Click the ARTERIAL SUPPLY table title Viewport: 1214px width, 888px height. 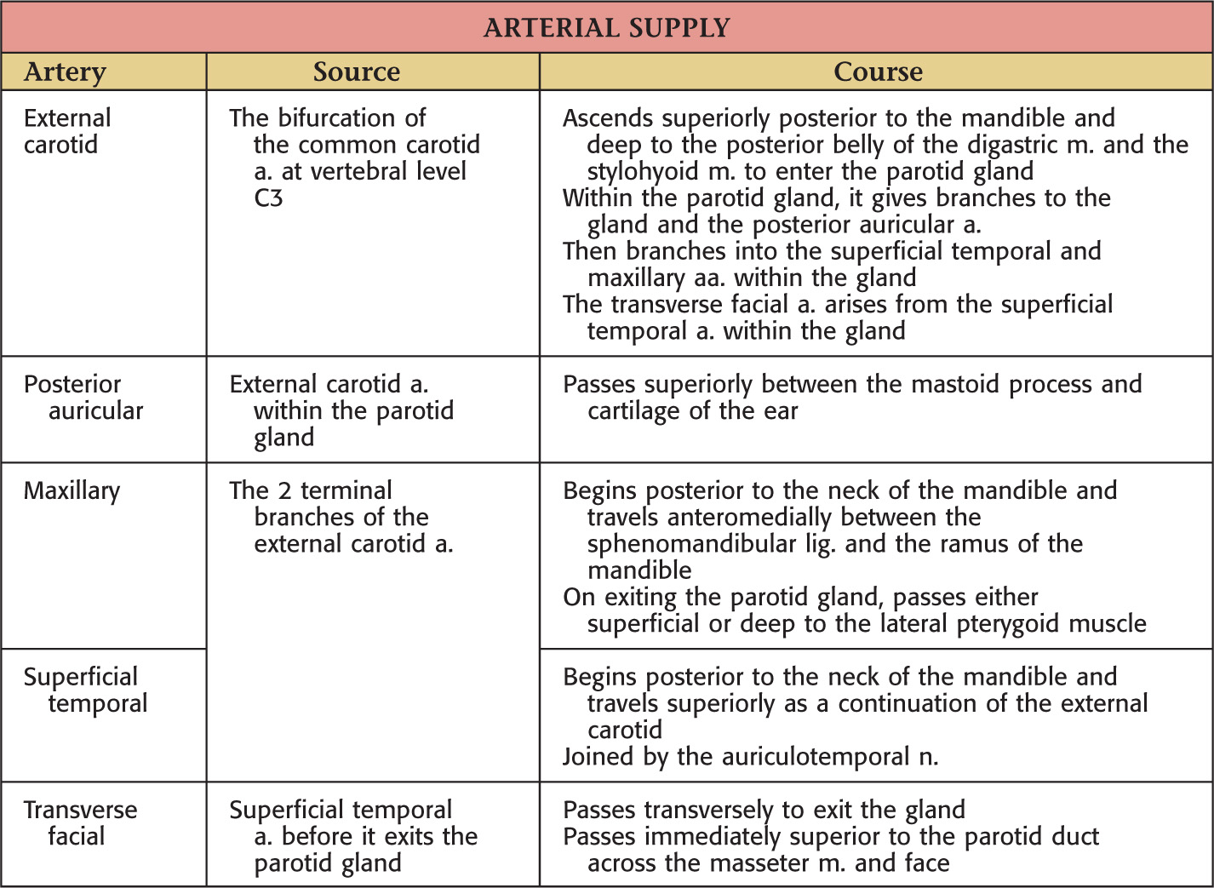(x=606, y=28)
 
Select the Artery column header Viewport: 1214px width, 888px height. (x=65, y=72)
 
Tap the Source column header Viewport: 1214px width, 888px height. (x=356, y=72)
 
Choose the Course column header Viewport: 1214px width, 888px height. (x=877, y=72)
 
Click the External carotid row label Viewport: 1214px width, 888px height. (x=67, y=131)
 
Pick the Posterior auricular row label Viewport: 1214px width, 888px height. (x=83, y=398)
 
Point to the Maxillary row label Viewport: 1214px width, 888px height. (x=72, y=491)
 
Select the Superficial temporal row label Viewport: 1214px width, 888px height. (x=84, y=690)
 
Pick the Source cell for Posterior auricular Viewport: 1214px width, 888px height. (x=341, y=411)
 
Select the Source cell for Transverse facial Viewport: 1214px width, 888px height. (x=352, y=836)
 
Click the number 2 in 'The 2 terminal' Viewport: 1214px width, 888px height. (x=285, y=491)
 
